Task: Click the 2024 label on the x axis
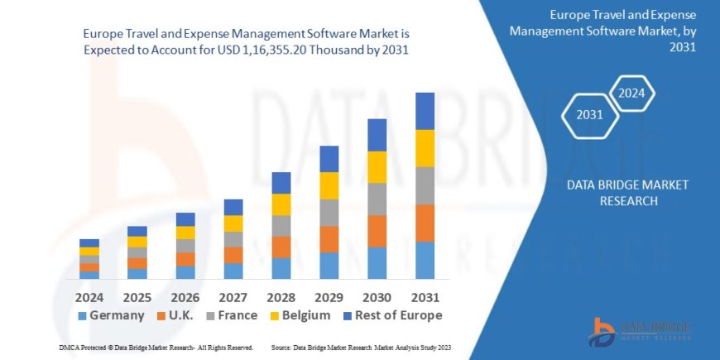[x=89, y=296]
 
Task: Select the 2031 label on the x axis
[x=425, y=296]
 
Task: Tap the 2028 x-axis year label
[x=281, y=296]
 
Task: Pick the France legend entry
[x=231, y=315]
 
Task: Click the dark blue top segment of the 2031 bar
[x=425, y=111]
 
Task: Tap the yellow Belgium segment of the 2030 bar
[x=377, y=167]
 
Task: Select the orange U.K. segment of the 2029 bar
[x=329, y=239]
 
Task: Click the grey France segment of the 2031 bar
[x=425, y=185]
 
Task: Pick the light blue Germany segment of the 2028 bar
[x=281, y=268]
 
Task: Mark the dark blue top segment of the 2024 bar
[x=89, y=243]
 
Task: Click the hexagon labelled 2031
[x=589, y=114]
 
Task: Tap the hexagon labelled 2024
[x=633, y=93]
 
